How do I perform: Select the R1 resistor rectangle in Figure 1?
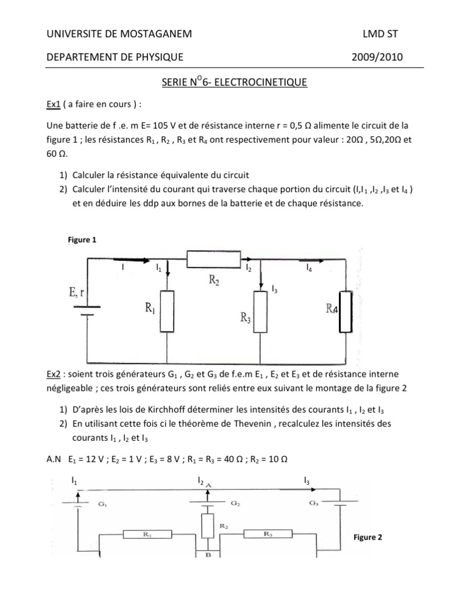point(168,308)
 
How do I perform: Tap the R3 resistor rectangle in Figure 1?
point(261,311)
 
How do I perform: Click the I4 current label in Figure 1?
point(310,268)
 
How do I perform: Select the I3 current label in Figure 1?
point(274,289)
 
